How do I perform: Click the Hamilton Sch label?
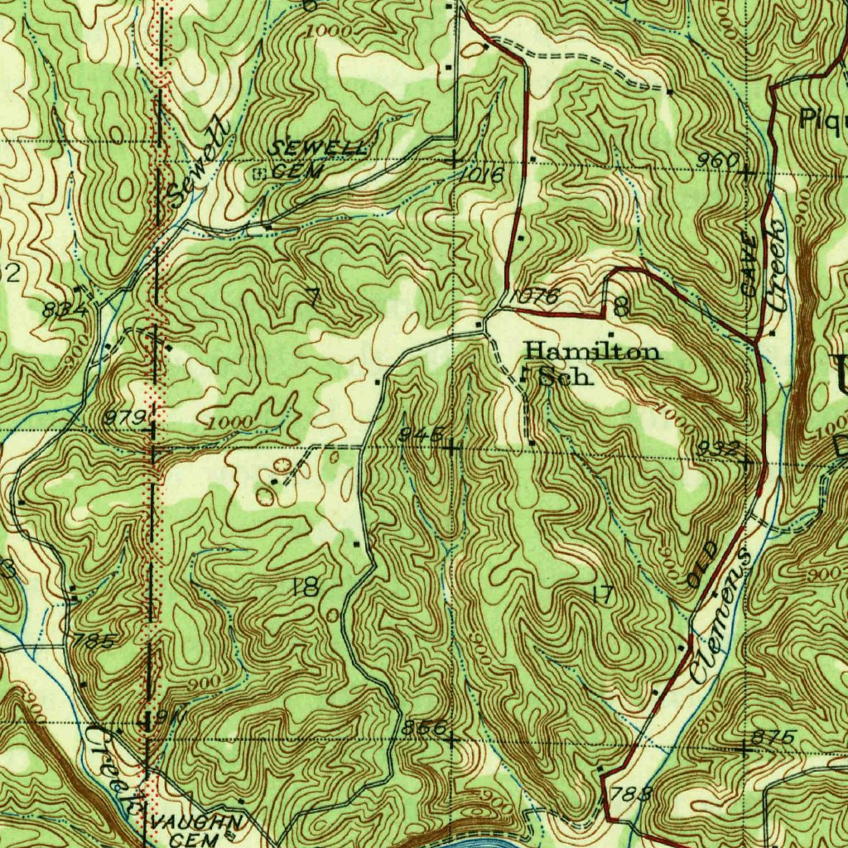(593, 364)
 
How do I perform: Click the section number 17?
(602, 594)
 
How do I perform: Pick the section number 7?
(312, 296)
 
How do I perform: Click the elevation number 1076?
(534, 296)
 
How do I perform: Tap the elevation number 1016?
(484, 175)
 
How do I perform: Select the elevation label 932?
(716, 448)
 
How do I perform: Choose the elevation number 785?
(94, 641)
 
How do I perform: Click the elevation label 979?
(125, 416)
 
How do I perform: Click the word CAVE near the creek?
(749, 265)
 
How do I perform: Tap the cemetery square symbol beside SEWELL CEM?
(259, 173)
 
